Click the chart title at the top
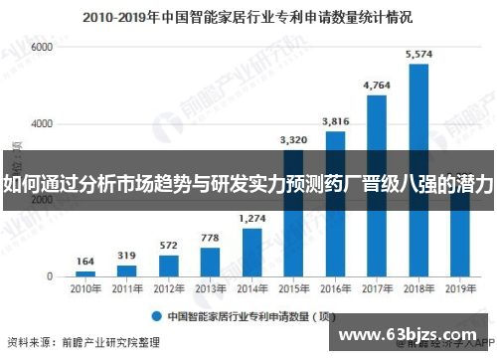pyautogui.click(x=248, y=17)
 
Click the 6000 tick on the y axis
pyautogui.click(x=41, y=48)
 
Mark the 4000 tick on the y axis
pyautogui.click(x=41, y=123)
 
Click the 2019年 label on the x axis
pyautogui.click(x=459, y=289)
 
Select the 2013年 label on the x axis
pyautogui.click(x=210, y=289)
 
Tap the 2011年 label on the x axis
pyautogui.click(x=127, y=289)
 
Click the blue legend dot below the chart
pyautogui.click(x=156, y=316)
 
